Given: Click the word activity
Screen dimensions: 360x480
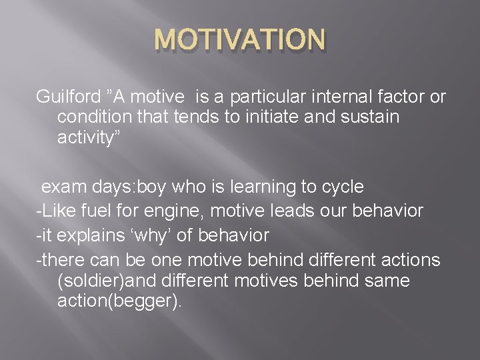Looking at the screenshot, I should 84,140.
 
